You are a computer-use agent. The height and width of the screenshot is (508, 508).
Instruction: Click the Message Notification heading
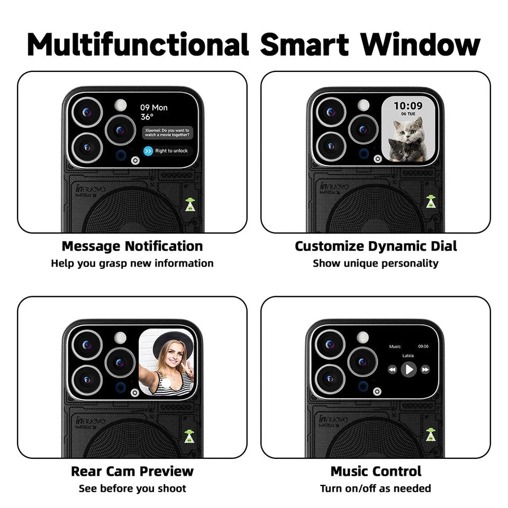tap(132, 246)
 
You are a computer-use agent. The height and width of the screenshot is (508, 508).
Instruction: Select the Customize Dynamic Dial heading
tap(376, 246)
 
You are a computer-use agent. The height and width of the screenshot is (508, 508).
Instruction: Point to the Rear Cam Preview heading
tap(132, 471)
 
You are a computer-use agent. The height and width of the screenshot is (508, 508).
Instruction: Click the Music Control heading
tap(376, 471)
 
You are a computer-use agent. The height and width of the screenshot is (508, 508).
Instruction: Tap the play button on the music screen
tap(409, 369)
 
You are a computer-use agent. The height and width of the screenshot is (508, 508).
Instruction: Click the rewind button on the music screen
tap(392, 369)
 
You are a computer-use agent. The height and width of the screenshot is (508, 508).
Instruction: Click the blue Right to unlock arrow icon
tap(148, 151)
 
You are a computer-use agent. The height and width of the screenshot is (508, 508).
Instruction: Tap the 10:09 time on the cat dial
tap(408, 106)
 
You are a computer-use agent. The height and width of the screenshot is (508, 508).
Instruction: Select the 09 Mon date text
tap(154, 107)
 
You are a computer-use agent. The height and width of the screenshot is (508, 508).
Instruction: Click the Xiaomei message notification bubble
tap(168, 132)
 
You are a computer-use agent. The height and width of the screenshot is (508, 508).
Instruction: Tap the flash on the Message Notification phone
tap(121, 104)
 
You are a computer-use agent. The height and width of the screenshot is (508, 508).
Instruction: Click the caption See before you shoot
tap(132, 488)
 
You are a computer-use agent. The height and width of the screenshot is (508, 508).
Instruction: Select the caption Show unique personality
tap(376, 263)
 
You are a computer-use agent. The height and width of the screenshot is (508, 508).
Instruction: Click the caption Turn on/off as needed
tap(376, 488)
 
